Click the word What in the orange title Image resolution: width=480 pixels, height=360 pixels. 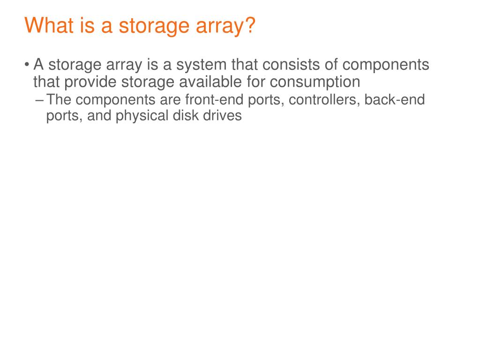tap(47, 25)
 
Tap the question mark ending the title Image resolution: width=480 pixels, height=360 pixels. tap(248, 25)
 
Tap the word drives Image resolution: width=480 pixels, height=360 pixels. tap(223, 115)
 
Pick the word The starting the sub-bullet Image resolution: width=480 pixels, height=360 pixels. tap(59, 100)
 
